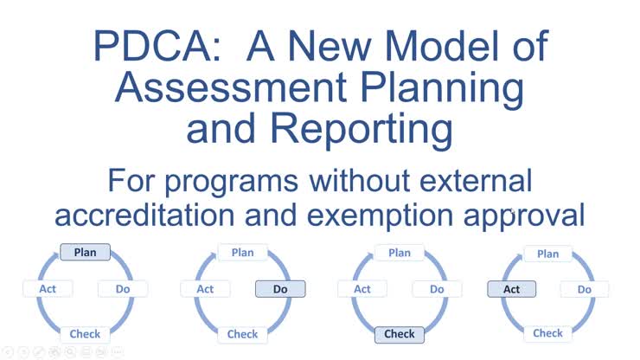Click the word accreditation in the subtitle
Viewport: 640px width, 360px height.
coord(169,214)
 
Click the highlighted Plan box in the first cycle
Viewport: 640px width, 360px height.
coord(85,252)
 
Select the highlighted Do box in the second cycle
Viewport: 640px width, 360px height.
coord(280,289)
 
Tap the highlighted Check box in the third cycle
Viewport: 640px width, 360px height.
coord(400,333)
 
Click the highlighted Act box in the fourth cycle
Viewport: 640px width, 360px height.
coord(512,289)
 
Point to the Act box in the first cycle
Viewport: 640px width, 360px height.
coord(48,288)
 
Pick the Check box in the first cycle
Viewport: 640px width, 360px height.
coord(85,333)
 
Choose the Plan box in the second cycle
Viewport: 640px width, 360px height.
coord(243,252)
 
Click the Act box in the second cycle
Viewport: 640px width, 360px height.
coord(205,289)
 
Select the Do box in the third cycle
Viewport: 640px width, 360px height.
coord(437,289)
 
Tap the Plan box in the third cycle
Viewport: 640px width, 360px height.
coord(400,252)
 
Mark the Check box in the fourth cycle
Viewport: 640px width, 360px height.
coord(548,332)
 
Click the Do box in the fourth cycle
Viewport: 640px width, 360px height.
coord(585,289)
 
